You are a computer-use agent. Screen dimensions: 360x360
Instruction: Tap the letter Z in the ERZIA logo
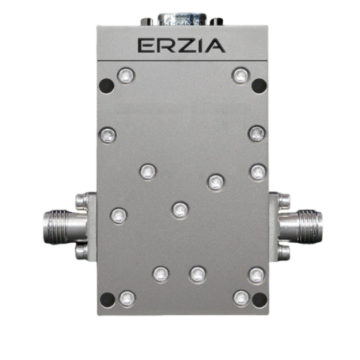pos(184,46)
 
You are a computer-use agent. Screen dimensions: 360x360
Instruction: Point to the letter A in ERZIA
pos(216,46)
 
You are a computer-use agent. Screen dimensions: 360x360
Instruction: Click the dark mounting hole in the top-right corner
pos(259,83)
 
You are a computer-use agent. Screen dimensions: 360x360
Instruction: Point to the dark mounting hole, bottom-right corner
pos(259,298)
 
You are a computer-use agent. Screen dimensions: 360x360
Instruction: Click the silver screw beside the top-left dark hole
pos(124,76)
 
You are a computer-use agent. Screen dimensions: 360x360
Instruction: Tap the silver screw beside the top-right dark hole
pos(239,76)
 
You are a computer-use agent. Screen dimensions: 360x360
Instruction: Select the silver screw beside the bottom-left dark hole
pos(125,298)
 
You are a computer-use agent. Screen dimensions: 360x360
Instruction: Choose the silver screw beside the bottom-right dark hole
pos(240,298)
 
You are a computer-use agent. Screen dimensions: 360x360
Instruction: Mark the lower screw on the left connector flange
pos(81,251)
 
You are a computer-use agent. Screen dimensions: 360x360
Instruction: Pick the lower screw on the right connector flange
pos(282,251)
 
